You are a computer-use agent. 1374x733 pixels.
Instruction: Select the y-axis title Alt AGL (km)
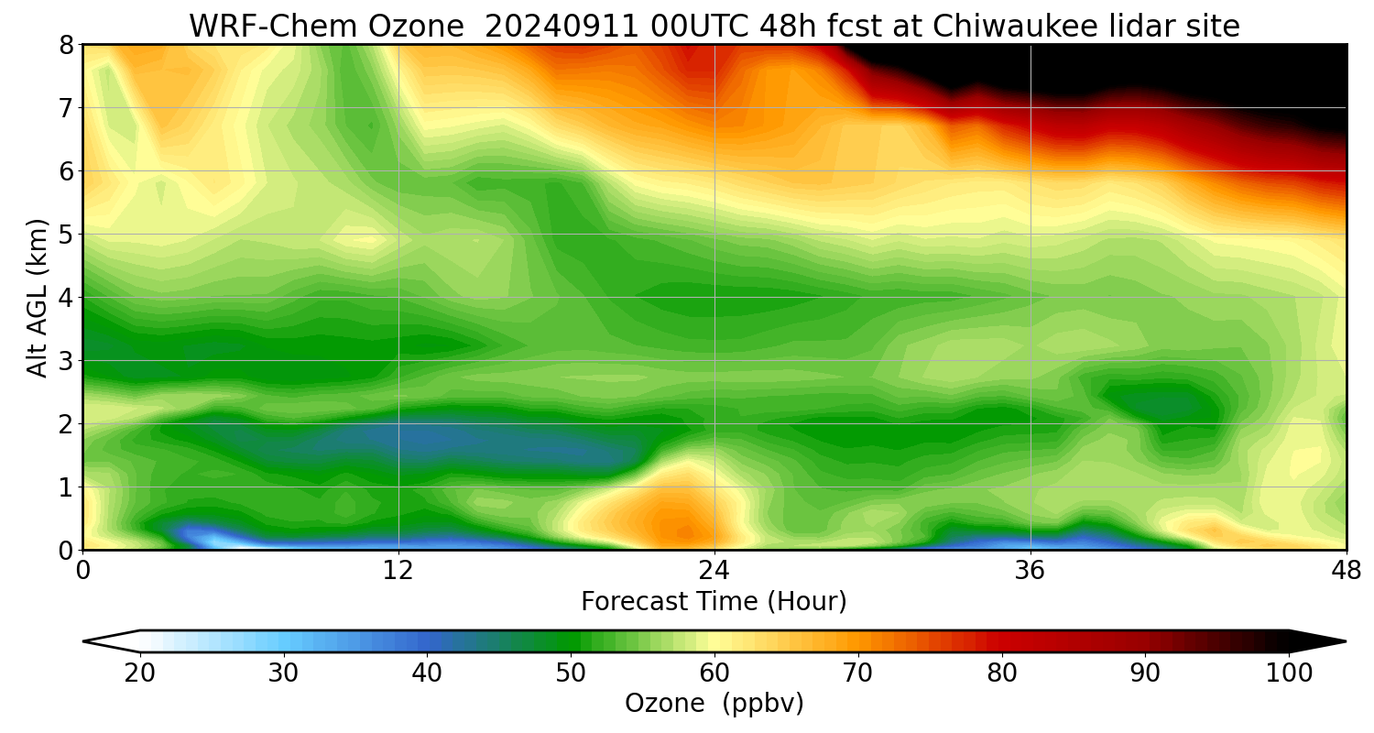(38, 297)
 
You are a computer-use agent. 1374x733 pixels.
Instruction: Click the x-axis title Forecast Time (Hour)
(714, 602)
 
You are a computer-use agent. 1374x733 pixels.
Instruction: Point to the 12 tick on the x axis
(398, 571)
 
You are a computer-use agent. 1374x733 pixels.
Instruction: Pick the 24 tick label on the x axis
(714, 571)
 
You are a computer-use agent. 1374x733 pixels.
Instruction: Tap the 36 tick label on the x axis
(1030, 571)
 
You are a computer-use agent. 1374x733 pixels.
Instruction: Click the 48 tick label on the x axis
(1346, 571)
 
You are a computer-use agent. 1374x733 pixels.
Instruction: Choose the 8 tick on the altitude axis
(66, 45)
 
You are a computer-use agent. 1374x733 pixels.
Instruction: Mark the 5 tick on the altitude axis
(66, 235)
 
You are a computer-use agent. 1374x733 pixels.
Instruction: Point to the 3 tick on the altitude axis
(66, 361)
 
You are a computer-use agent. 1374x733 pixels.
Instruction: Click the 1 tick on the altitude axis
(66, 487)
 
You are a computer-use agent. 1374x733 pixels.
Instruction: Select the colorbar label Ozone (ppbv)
(714, 704)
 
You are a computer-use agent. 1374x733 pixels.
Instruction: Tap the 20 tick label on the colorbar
(140, 673)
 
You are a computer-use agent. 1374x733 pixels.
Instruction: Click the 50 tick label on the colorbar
(571, 673)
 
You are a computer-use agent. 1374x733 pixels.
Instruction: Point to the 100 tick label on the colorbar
(1289, 673)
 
